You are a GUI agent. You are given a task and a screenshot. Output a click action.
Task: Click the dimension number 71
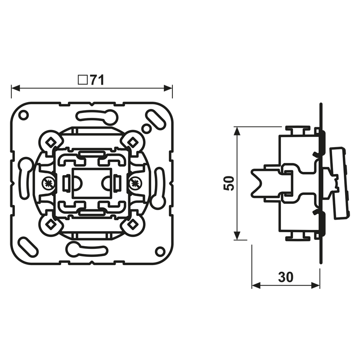coord(97,80)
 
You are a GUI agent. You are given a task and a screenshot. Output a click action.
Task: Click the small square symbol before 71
coord(83,80)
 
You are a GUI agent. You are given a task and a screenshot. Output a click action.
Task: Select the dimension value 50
coord(229,183)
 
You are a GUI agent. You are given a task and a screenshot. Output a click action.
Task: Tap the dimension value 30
coord(286,277)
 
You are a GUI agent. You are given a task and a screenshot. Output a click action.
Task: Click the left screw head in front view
coord(49,183)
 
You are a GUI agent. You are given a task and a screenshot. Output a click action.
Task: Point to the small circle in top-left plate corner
coord(23,115)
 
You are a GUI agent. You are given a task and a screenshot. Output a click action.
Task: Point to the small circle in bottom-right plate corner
coord(160,251)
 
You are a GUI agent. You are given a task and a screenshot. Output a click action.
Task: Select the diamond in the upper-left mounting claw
coord(51,142)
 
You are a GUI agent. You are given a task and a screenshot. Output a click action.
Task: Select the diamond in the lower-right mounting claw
coord(132,224)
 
